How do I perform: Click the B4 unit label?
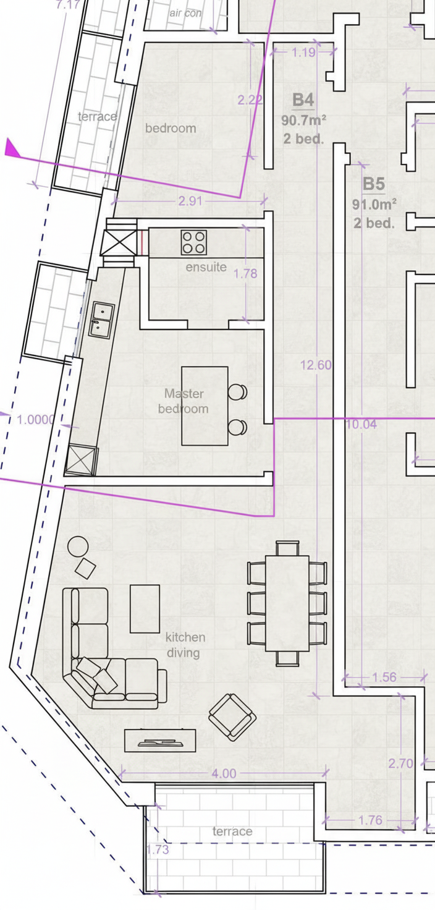pyautogui.click(x=303, y=100)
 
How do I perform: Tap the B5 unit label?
pyautogui.click(x=374, y=184)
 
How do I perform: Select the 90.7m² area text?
pyautogui.click(x=303, y=121)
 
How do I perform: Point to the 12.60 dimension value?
pyautogui.click(x=316, y=365)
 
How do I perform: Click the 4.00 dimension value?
pyautogui.click(x=224, y=773)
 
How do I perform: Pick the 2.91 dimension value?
pyautogui.click(x=190, y=201)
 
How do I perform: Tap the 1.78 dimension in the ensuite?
pyautogui.click(x=245, y=273)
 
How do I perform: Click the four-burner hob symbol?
pyautogui.click(x=194, y=242)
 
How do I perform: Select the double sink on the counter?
pyautogui.click(x=101, y=320)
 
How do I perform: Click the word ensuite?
pyautogui.click(x=206, y=267)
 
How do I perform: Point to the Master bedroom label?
pyautogui.click(x=183, y=401)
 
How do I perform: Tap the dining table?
pyautogui.click(x=287, y=603)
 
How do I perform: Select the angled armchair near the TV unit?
pyautogui.click(x=232, y=717)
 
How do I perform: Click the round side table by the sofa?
pyautogui.click(x=78, y=546)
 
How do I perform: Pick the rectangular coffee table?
pyautogui.click(x=145, y=608)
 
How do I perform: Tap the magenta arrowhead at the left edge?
pyautogui.click(x=12, y=148)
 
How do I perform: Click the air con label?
pyautogui.click(x=185, y=13)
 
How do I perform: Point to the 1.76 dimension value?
pyautogui.click(x=370, y=820)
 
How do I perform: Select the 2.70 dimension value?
pyautogui.click(x=400, y=763)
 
